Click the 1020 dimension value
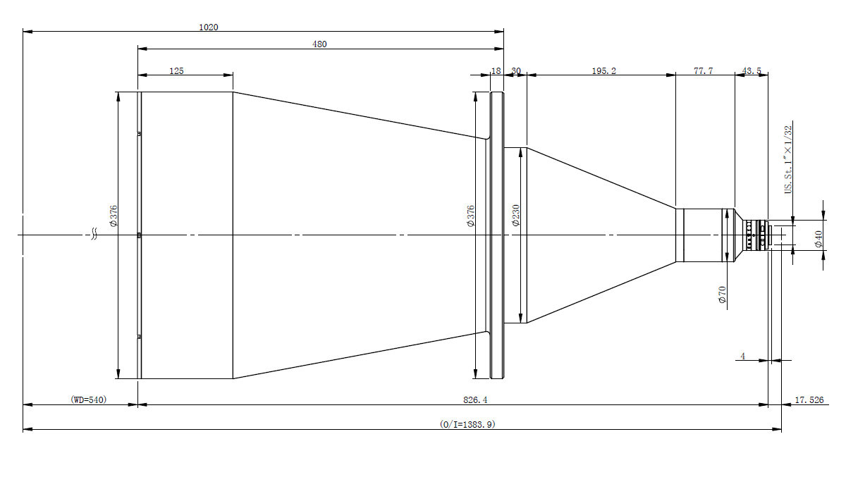209,27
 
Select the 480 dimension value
319,44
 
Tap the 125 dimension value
176,70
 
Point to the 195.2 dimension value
603,70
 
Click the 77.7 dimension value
704,70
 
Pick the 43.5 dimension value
752,70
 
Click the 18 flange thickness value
496,70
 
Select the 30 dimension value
516,70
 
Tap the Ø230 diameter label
516,215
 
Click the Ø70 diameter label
722,295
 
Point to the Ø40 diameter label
818,239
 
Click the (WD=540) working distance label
89,400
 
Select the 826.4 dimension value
475,400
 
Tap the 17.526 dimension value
809,400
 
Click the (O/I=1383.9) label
467,424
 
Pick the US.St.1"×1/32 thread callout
788,160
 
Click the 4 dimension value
743,356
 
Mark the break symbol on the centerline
94,234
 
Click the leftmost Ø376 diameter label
114,216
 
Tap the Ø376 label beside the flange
471,216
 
